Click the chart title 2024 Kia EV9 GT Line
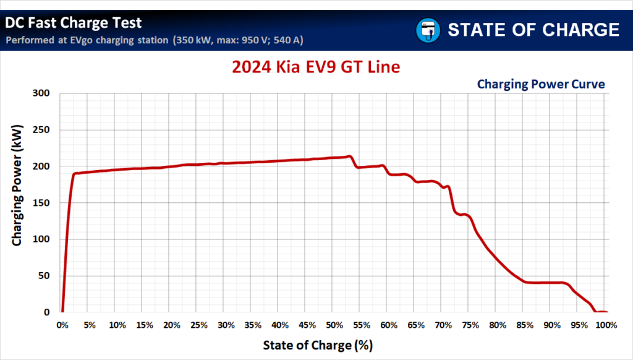(x=316, y=66)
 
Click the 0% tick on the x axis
(x=62, y=325)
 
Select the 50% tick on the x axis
(x=334, y=325)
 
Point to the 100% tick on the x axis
(x=606, y=325)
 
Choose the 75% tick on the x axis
(x=470, y=325)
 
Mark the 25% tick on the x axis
(x=198, y=325)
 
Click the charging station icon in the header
(x=427, y=29)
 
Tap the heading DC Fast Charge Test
(x=74, y=24)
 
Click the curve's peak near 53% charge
(x=349, y=156)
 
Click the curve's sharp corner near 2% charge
(x=75, y=174)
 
